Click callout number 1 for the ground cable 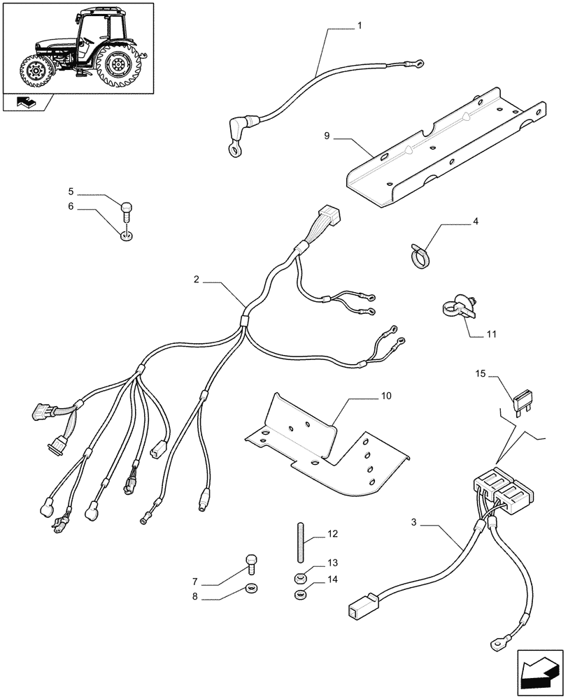click(359, 27)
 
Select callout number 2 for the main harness click(197, 280)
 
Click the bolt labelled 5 click(127, 207)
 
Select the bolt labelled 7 click(252, 561)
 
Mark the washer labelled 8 click(251, 587)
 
